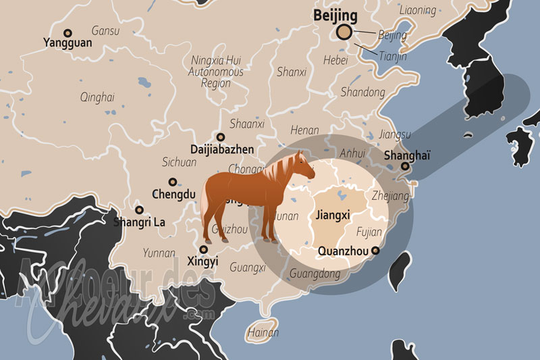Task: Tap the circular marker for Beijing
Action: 344,32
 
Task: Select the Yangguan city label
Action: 67,43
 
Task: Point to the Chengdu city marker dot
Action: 173,182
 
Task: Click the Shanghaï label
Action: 406,155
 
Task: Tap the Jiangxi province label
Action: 332,216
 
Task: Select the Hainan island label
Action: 263,332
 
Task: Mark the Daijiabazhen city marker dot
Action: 220,136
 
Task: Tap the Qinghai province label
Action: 97,97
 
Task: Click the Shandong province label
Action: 362,92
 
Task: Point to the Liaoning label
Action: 418,9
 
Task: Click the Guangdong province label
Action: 315,274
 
